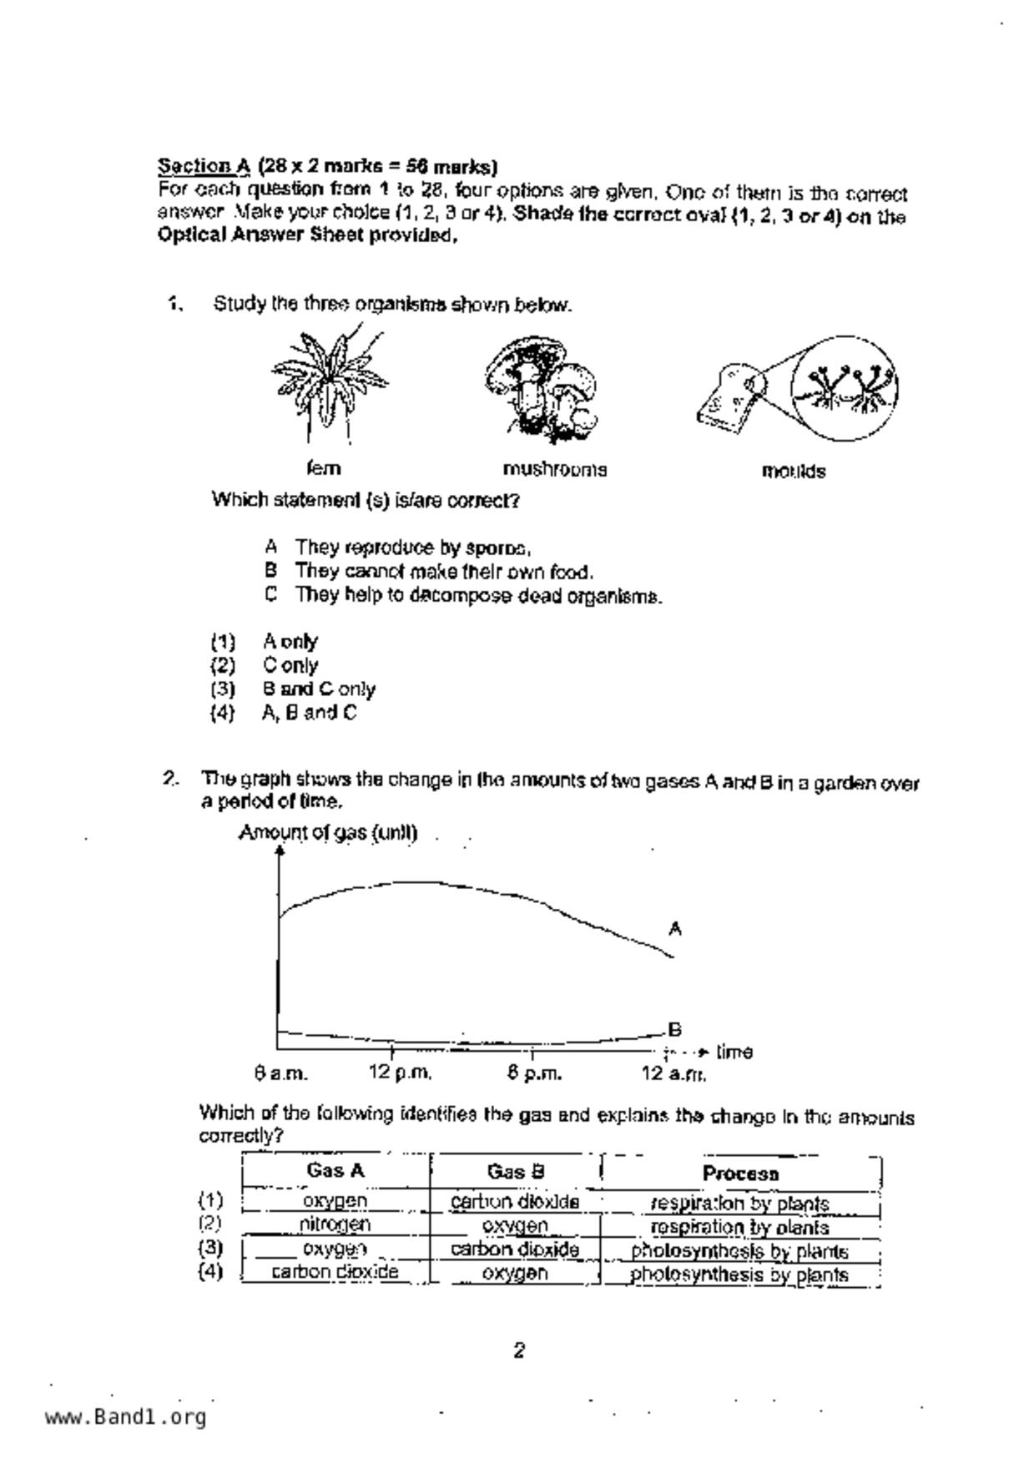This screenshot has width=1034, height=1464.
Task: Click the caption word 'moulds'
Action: click(x=793, y=472)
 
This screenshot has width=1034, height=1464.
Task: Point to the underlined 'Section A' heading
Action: click(x=204, y=165)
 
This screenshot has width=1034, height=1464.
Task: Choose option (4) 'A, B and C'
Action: click(x=309, y=713)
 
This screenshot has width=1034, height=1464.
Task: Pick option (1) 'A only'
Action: click(x=290, y=642)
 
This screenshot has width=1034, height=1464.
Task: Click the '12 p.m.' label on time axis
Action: click(x=400, y=1073)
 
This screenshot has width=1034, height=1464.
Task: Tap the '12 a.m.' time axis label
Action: click(x=673, y=1073)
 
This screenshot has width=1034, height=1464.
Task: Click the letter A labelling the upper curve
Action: click(x=675, y=928)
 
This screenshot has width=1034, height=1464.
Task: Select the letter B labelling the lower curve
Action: click(x=675, y=1029)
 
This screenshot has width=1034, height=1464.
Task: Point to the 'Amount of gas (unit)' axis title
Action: click(x=327, y=833)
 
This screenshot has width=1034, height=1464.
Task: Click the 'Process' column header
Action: click(x=740, y=1174)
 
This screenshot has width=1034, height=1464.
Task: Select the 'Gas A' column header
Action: click(x=335, y=1171)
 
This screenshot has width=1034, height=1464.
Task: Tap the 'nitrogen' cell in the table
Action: click(x=335, y=1224)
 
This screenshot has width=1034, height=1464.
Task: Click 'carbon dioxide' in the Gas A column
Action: click(x=335, y=1272)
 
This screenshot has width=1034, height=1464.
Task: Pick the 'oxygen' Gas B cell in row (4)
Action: click(x=515, y=1273)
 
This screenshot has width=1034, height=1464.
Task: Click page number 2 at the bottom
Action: click(x=518, y=1350)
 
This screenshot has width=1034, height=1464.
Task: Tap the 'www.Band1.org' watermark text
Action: click(x=125, y=1417)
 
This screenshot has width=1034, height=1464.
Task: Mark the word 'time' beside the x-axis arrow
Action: click(x=734, y=1052)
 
